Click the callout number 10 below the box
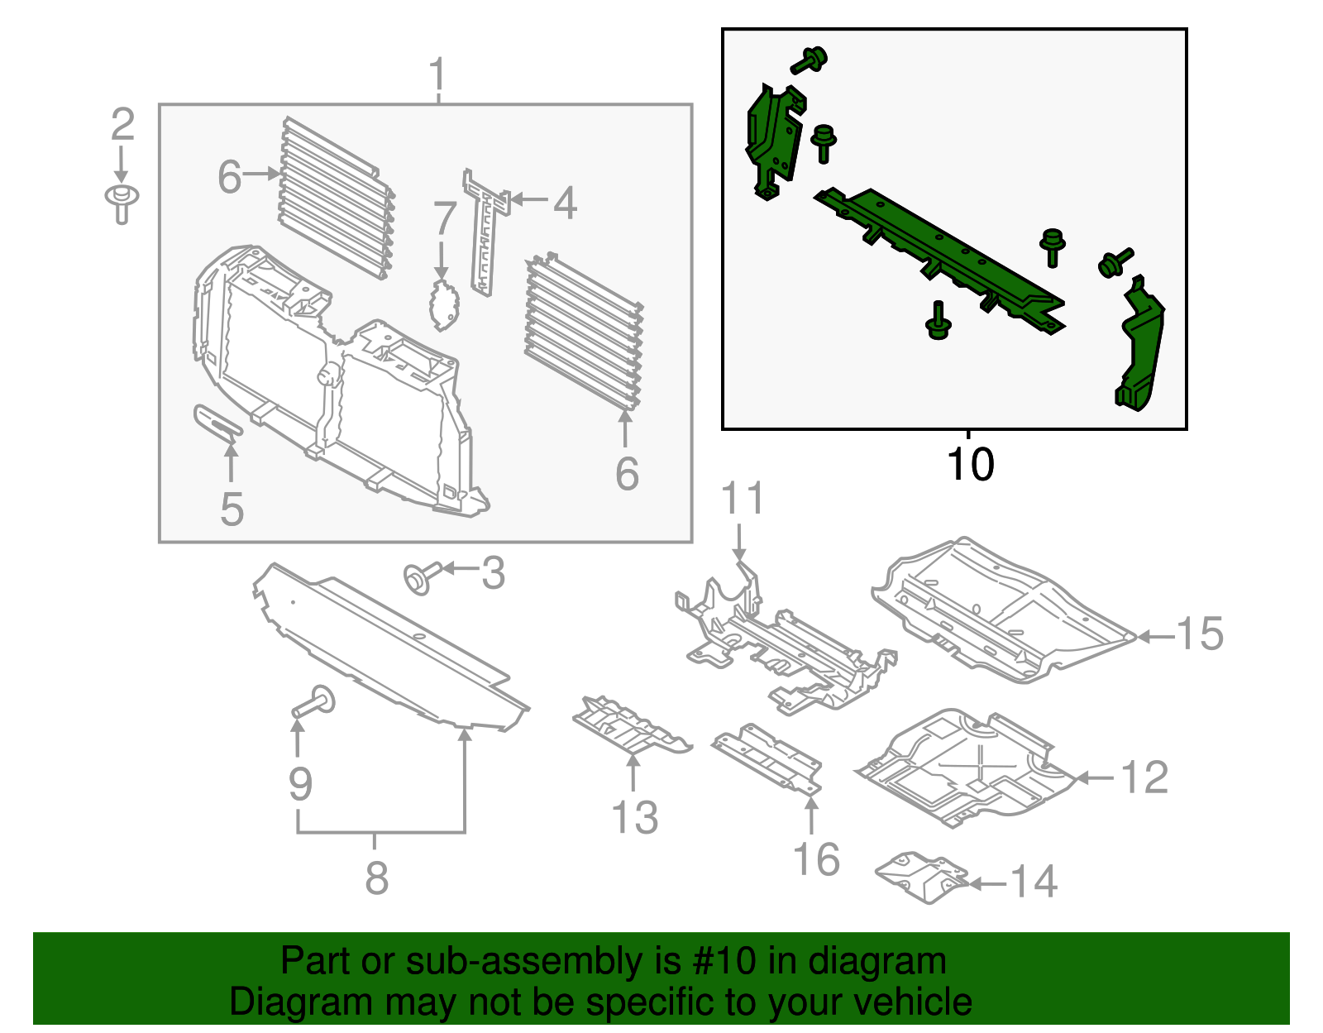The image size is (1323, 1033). point(970,465)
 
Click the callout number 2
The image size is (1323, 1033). point(122,125)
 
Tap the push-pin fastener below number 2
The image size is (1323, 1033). point(122,202)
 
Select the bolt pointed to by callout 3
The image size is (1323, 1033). point(421,576)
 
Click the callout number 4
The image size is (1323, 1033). point(564,203)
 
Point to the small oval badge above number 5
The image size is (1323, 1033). point(217,421)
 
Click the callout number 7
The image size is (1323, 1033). point(445,218)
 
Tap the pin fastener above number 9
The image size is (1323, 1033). point(315,703)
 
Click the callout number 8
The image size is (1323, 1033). point(377,878)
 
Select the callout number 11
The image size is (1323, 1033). point(743,499)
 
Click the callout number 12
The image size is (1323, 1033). point(1144,778)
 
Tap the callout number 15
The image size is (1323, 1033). point(1199,634)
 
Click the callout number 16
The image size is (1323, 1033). point(816,860)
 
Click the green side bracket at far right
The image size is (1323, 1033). point(1141,347)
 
